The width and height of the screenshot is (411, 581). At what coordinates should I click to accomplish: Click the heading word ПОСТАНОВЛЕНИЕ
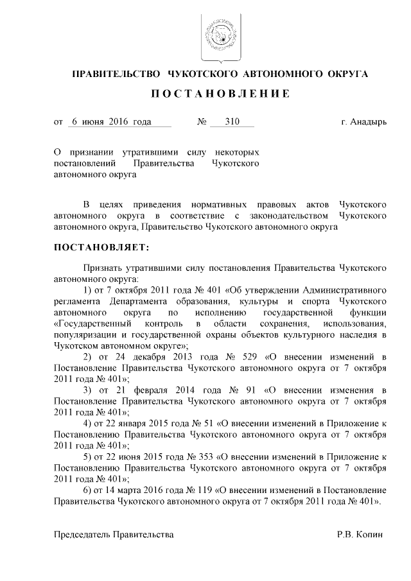[220, 94]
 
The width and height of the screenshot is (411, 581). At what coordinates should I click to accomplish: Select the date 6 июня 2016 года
[111, 121]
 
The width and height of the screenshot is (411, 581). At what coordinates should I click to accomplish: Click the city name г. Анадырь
[363, 121]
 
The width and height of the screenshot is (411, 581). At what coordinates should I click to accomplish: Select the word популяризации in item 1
[83, 334]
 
